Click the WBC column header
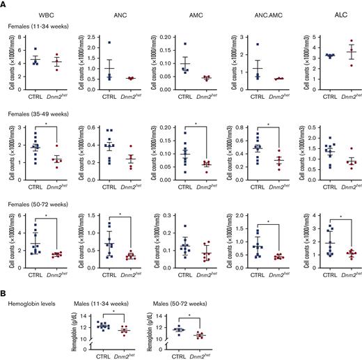[47, 14]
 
